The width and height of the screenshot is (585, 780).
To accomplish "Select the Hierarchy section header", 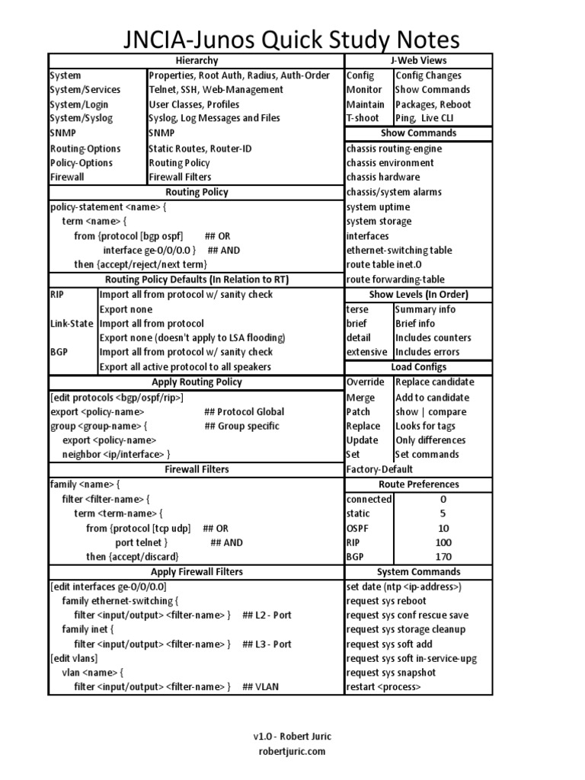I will (197, 60).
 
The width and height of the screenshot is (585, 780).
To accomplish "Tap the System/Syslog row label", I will (79, 118).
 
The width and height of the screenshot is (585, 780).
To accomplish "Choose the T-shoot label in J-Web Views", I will (363, 118).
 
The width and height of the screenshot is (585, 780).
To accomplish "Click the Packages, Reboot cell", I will (433, 104).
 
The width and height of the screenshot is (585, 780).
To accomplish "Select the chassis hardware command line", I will (382, 177).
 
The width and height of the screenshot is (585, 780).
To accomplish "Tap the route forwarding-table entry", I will (395, 280).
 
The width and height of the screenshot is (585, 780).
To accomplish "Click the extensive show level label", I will (366, 352).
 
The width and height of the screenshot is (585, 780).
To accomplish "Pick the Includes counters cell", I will (433, 337).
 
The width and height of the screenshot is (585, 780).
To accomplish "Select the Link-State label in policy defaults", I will (72, 323).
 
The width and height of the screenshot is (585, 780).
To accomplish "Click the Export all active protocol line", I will (185, 367).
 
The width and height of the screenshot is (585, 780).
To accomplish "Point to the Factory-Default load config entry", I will (379, 469).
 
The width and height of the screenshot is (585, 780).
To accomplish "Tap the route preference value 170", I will (443, 557).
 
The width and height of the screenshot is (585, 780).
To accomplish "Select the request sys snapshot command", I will (391, 673).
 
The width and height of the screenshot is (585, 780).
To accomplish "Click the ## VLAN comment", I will (261, 687).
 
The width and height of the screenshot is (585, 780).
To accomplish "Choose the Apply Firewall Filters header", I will (197, 571).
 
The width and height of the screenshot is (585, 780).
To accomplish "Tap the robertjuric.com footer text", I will (292, 751).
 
